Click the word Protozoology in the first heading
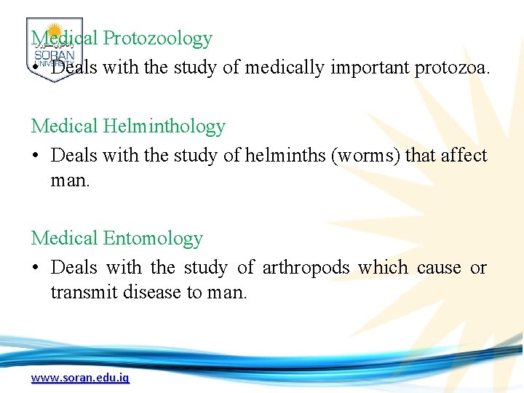[157, 39]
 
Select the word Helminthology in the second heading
[164, 126]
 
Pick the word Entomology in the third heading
[153, 238]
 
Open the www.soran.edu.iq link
[80, 378]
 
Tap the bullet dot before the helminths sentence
[36, 156]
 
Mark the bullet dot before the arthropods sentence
[36, 269]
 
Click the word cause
[438, 268]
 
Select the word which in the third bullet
[383, 268]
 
